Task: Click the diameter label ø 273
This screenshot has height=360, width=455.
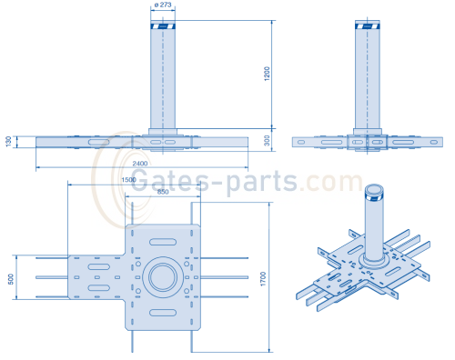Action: (x=165, y=6)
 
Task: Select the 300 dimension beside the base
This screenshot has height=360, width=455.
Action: (x=268, y=141)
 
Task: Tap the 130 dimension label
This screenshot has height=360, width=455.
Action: (x=8, y=141)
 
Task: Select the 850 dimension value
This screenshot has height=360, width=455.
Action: (x=163, y=192)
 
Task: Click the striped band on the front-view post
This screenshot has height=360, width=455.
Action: (x=165, y=26)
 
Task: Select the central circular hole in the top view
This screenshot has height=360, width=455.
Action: (x=165, y=276)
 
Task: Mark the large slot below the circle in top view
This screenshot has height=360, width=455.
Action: (x=165, y=314)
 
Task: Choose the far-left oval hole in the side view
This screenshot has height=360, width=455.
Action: (x=301, y=142)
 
